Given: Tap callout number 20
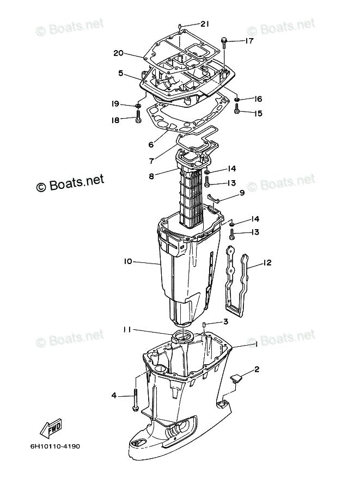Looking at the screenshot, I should click(x=119, y=53).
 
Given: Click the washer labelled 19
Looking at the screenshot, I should click(x=138, y=105).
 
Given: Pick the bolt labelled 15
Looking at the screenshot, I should click(x=237, y=111).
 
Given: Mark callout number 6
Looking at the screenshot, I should click(x=151, y=145).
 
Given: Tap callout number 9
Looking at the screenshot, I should click(x=241, y=193).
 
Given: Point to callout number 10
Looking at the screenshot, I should click(x=128, y=261).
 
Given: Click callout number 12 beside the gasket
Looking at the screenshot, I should click(x=267, y=263).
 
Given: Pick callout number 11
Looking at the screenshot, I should click(x=126, y=329).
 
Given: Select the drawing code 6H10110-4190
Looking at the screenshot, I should click(x=56, y=447).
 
